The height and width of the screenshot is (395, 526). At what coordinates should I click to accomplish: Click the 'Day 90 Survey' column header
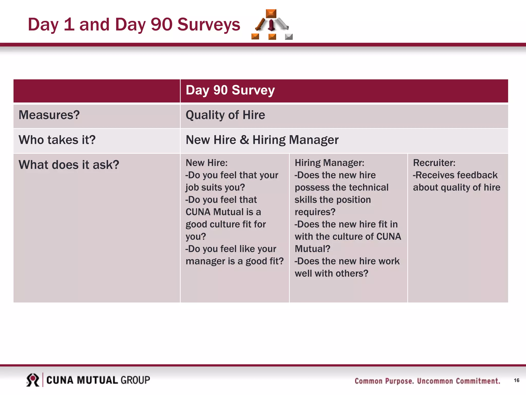pyautogui.click(x=230, y=90)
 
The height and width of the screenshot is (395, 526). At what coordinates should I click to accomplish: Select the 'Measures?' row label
pyautogui.click(x=49, y=115)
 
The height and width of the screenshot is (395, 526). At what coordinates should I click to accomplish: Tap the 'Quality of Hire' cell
pyautogui.click(x=225, y=115)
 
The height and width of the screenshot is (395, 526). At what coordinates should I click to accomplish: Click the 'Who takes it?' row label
pyautogui.click(x=57, y=140)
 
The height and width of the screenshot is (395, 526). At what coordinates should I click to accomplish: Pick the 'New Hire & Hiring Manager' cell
pyautogui.click(x=262, y=140)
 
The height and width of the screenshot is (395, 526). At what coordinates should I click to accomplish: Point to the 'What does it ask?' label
pyautogui.click(x=69, y=165)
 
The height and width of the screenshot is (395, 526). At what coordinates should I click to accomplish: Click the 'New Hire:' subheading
pyautogui.click(x=206, y=163)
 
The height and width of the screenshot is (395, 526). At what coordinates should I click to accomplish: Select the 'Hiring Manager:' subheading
pyautogui.click(x=329, y=163)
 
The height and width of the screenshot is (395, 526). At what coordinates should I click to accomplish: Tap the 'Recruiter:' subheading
pyautogui.click(x=434, y=163)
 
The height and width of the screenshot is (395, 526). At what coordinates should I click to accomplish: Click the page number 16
pyautogui.click(x=516, y=380)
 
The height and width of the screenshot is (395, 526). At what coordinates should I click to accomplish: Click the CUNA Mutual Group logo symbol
pyautogui.click(x=33, y=380)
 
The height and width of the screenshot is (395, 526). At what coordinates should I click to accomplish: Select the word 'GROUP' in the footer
pyautogui.click(x=135, y=380)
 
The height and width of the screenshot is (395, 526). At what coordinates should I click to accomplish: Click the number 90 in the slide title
pyautogui.click(x=161, y=25)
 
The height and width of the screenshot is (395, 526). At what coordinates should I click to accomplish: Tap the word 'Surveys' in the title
pyautogui.click(x=209, y=25)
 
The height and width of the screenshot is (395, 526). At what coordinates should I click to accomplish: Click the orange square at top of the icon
pyautogui.click(x=271, y=13)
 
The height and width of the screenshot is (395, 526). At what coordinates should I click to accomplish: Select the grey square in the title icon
pyautogui.click(x=289, y=37)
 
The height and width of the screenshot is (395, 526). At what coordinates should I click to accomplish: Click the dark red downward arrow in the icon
pyautogui.click(x=271, y=25)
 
